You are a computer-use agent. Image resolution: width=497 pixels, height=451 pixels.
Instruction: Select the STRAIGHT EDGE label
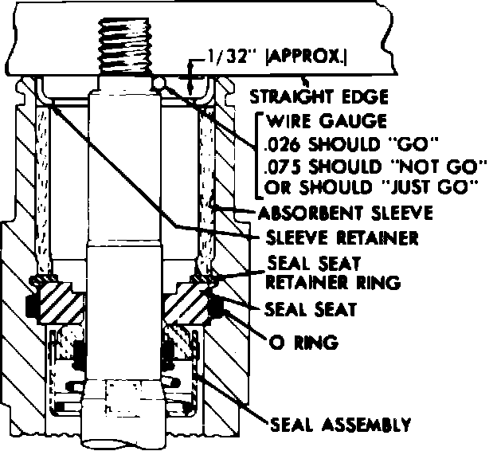point(319,98)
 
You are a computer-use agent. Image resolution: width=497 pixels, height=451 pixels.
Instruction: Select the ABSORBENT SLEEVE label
point(344,214)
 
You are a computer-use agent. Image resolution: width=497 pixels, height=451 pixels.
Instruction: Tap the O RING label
point(306,343)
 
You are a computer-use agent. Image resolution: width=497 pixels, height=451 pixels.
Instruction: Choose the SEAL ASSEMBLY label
point(341,422)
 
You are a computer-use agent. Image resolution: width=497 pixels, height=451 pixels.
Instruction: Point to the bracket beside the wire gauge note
point(258,155)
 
